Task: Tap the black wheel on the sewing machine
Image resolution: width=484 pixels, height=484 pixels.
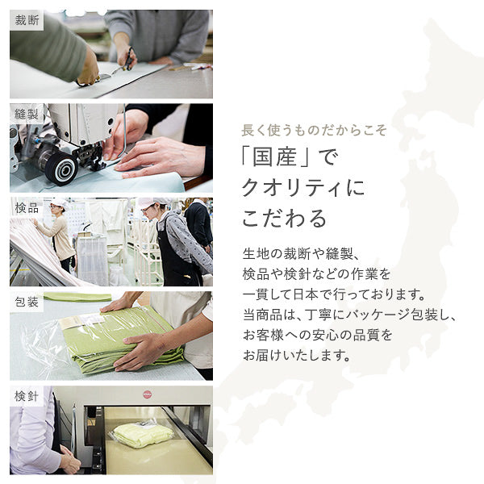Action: tap(60, 168)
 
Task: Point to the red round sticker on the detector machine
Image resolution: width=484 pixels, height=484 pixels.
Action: tap(147, 394)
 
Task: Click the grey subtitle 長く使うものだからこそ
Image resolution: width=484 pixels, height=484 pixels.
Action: tap(315, 130)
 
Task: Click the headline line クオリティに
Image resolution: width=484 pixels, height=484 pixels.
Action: tap(303, 189)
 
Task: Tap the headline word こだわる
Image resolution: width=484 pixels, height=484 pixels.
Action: tap(285, 219)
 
